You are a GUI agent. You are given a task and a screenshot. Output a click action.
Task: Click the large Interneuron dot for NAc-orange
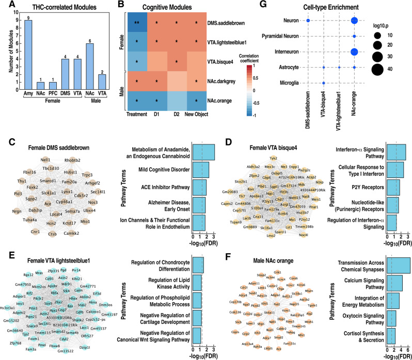click(x=354, y=52)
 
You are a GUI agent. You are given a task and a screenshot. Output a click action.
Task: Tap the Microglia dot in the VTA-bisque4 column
click(x=324, y=83)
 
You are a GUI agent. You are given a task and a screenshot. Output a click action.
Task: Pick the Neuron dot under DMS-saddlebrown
click(x=308, y=21)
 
